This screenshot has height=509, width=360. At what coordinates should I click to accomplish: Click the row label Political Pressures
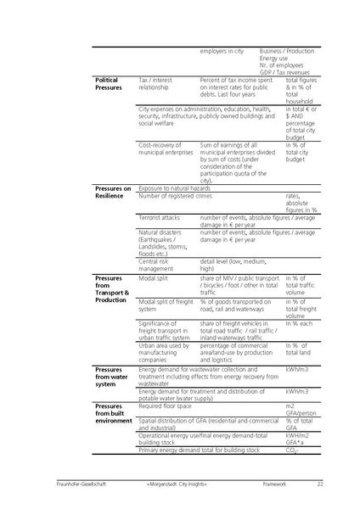(x=108, y=83)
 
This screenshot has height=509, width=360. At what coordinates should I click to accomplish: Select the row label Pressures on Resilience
(x=113, y=192)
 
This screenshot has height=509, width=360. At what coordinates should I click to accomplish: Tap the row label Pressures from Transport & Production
(x=112, y=289)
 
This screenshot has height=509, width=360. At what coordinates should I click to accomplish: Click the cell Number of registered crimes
(x=175, y=196)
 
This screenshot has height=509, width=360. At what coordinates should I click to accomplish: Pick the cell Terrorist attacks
(x=159, y=217)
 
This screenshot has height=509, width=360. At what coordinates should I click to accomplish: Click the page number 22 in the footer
(x=320, y=484)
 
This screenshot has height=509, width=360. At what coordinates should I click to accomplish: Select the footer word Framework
(x=275, y=484)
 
